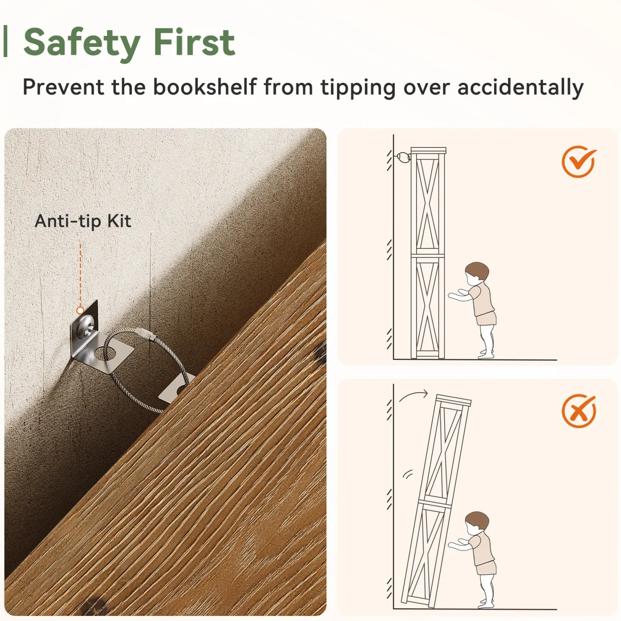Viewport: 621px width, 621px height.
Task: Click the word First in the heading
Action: [194, 42]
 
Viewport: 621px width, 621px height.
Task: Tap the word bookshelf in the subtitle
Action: [204, 87]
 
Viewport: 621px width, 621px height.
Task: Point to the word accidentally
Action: [520, 87]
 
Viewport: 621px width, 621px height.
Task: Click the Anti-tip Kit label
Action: [83, 221]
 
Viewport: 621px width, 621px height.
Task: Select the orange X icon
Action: [579, 411]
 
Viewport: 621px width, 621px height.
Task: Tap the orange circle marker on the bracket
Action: [80, 310]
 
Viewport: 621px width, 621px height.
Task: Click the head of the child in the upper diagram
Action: [477, 273]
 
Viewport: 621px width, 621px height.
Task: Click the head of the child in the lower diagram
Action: [477, 523]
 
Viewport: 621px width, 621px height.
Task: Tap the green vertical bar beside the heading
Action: [5, 41]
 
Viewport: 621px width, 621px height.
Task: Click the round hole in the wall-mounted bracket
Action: [105, 354]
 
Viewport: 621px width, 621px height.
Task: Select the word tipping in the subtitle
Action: [358, 87]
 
